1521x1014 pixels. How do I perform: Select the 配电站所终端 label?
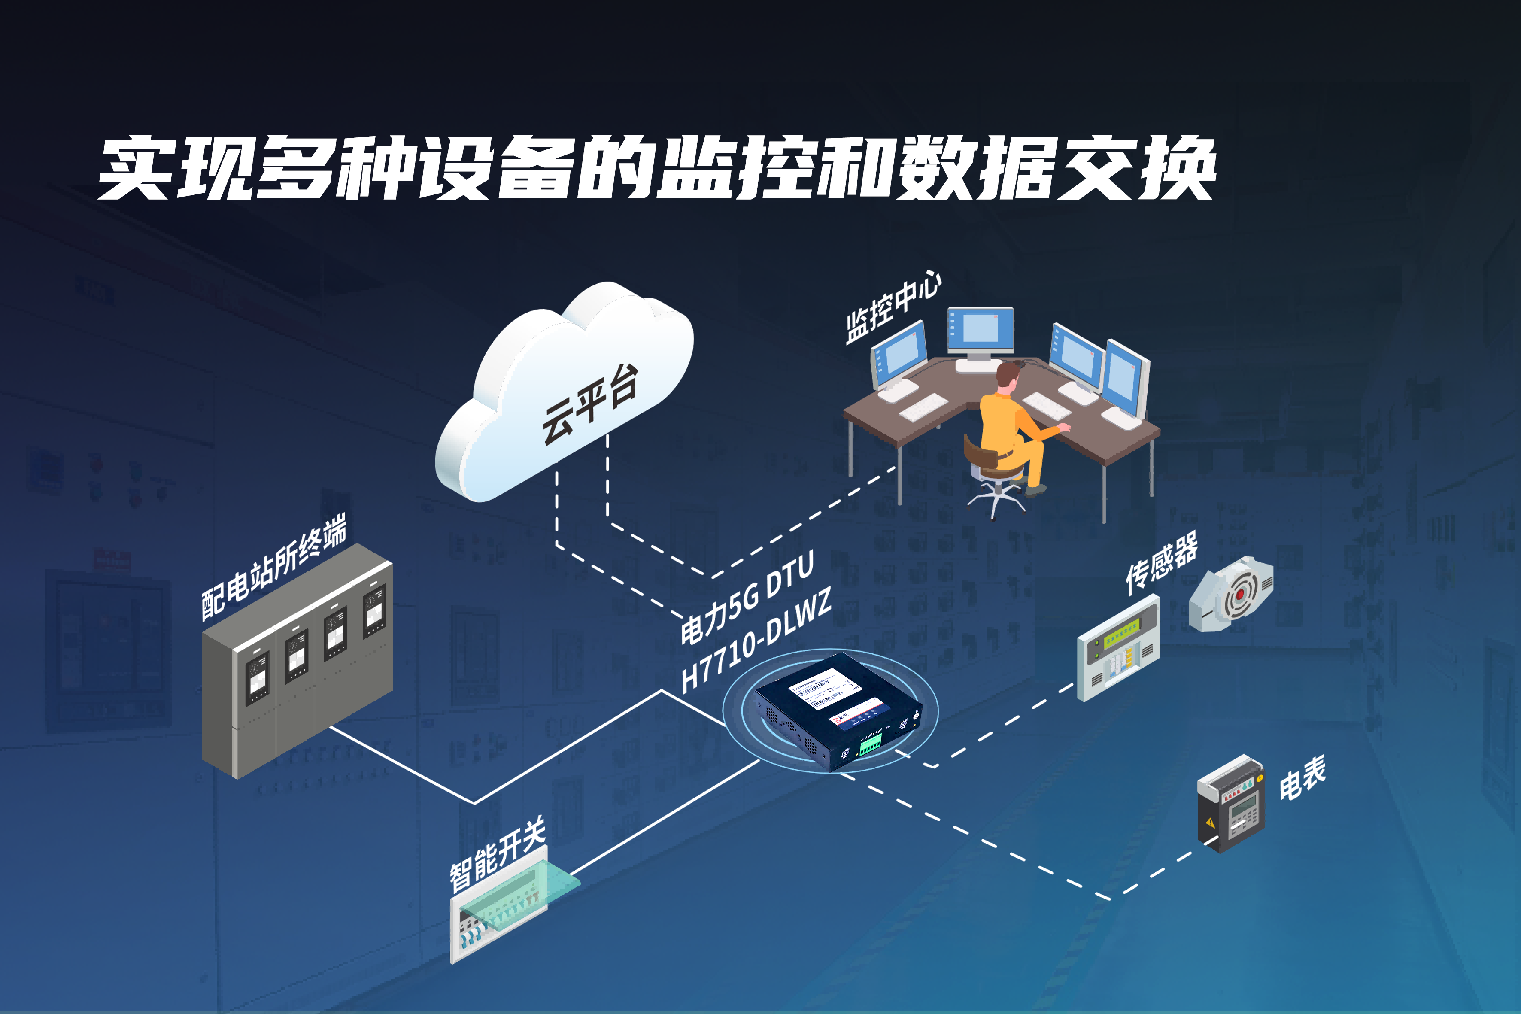(273, 567)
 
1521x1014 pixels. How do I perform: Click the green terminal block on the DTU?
(870, 744)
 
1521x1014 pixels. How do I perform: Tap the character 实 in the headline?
(134, 168)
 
